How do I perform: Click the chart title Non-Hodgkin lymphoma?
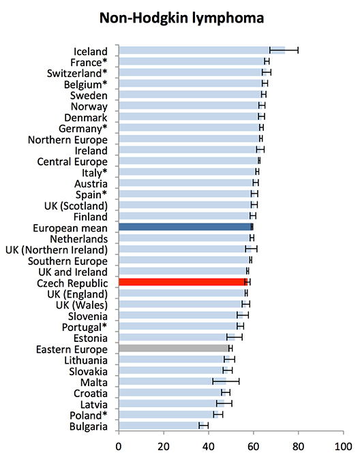click(x=182, y=18)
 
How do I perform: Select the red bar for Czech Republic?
click(x=183, y=282)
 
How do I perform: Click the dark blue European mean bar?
click(x=185, y=227)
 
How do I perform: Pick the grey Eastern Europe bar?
click(x=175, y=348)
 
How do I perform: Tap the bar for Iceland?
click(x=202, y=50)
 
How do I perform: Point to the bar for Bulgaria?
click(x=162, y=426)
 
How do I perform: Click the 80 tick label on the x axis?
click(x=298, y=446)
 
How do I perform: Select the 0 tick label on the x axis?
click(x=119, y=446)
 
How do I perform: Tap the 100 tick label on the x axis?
click(x=343, y=446)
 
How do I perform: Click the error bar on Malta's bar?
click(x=226, y=381)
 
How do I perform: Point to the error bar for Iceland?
click(x=284, y=50)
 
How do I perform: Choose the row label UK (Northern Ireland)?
click(x=57, y=250)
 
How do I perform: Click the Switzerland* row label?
click(x=77, y=73)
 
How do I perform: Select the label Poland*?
click(x=89, y=415)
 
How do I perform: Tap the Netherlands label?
click(x=79, y=239)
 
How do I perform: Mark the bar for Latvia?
click(x=172, y=403)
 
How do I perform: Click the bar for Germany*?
click(x=190, y=127)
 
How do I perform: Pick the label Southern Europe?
click(x=67, y=261)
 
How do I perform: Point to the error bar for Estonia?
click(x=235, y=337)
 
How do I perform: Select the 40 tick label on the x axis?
click(x=209, y=446)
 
